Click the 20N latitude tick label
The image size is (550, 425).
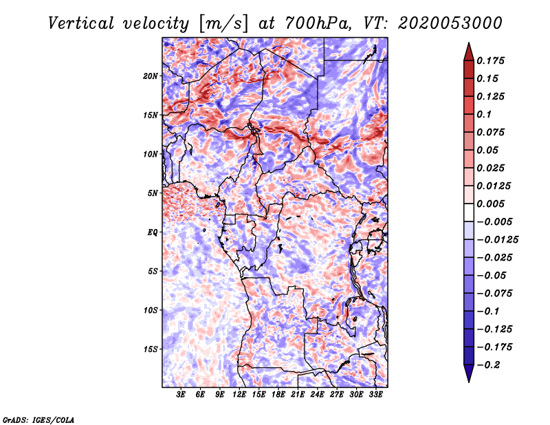[x=151, y=76]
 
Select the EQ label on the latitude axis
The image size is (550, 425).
[x=153, y=232]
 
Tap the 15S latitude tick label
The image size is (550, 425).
[x=151, y=349]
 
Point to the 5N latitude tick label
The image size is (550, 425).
[x=153, y=193]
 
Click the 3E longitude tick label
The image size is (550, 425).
[x=181, y=395]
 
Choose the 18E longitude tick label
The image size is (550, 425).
[x=278, y=395]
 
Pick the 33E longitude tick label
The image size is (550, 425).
[x=375, y=395]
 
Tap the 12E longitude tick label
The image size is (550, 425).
[x=239, y=395]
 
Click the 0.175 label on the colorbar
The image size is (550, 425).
[x=490, y=61]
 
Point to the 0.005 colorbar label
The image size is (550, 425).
[x=490, y=204]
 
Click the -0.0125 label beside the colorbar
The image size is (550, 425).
[x=497, y=240]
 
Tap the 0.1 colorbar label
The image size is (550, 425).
[x=484, y=114]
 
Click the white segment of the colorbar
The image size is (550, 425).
[x=469, y=212]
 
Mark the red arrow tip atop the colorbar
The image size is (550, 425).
[x=469, y=43]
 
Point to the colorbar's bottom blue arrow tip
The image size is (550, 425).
[x=469, y=382]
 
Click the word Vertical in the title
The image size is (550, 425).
[x=81, y=23]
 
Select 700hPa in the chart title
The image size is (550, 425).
[x=318, y=23]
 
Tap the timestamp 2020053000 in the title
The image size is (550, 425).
[x=450, y=23]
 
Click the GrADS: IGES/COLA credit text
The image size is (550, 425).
[x=38, y=419]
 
